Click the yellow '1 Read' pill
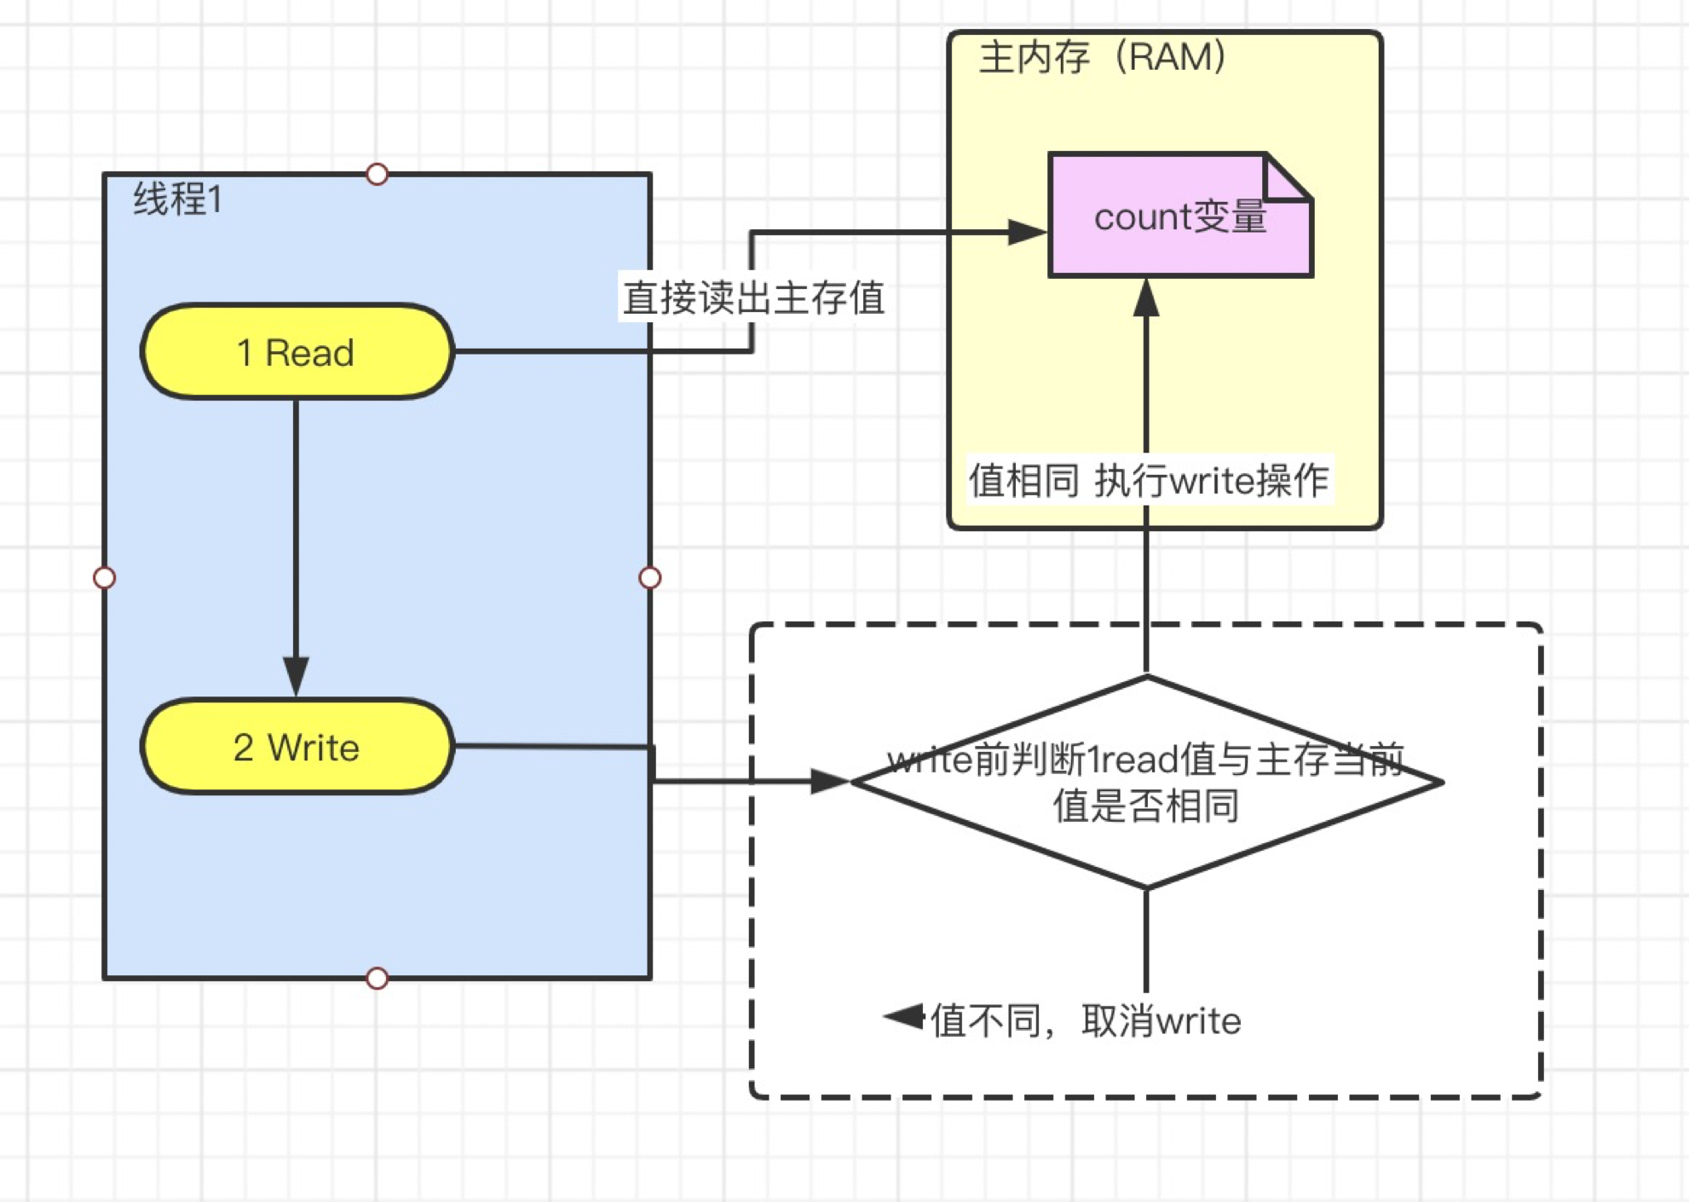tap(297, 352)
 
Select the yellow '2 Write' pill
tap(297, 747)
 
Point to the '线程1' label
tap(178, 199)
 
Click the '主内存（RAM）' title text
tap(1103, 58)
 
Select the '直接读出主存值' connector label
tap(753, 298)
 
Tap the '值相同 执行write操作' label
tap(1149, 481)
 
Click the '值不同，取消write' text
tap(1086, 1020)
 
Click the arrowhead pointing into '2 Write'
tap(296, 676)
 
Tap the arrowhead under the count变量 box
tap(1146, 298)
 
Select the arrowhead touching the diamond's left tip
tap(828, 781)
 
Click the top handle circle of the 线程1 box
tap(377, 174)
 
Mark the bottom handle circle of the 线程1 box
tap(377, 978)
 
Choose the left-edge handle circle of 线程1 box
tap(104, 578)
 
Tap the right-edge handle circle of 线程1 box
tap(649, 578)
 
